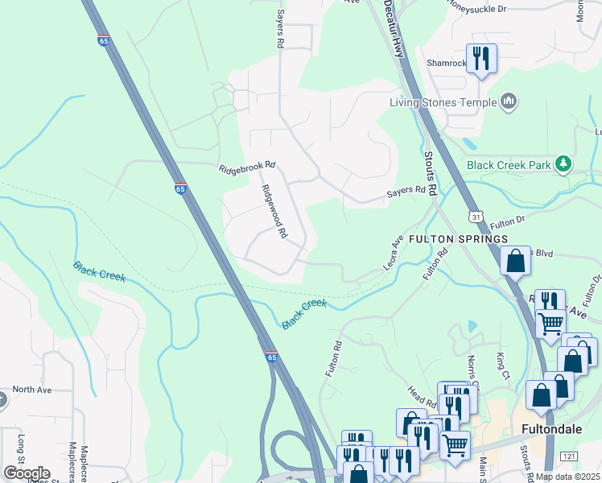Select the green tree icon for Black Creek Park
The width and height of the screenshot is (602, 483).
pos(564,164)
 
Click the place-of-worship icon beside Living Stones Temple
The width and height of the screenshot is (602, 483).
pos(508,101)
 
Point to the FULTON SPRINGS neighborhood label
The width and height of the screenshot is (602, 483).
pos(458,239)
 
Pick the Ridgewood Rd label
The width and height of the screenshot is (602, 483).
pos(274,212)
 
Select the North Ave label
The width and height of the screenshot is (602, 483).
pos(31,390)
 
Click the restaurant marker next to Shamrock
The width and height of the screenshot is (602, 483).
pos(481,59)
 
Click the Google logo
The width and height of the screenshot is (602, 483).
pos(27,473)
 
